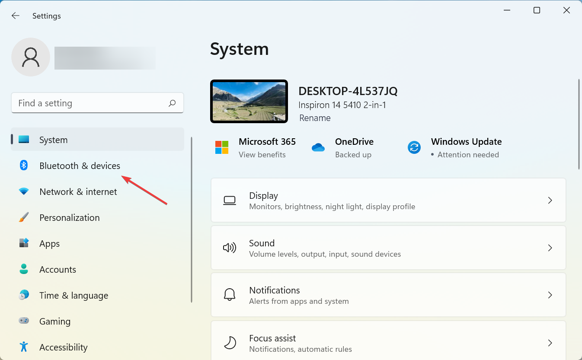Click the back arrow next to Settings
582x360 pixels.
click(15, 16)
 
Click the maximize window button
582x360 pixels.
click(537, 10)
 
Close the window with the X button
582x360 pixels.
click(566, 10)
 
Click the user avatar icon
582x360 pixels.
click(31, 57)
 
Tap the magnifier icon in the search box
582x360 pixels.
click(172, 103)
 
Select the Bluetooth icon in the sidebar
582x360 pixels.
click(24, 165)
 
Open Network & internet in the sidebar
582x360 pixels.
click(78, 192)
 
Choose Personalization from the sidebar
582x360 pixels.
click(69, 218)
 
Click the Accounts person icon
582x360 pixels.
click(24, 269)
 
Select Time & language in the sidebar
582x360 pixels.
click(74, 296)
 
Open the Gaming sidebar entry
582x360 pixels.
click(55, 322)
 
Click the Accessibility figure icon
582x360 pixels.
click(24, 347)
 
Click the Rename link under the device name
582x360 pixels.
click(315, 118)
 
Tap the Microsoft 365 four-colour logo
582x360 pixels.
click(222, 147)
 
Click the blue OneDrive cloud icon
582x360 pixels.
click(318, 147)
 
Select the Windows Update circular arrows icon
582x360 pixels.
click(414, 147)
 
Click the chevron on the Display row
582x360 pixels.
click(550, 200)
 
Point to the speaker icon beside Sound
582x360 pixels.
click(230, 248)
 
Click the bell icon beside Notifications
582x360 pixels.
click(230, 295)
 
